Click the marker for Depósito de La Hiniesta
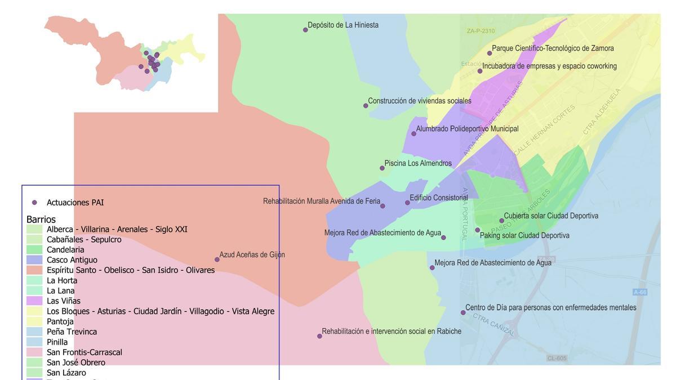[x=305, y=30]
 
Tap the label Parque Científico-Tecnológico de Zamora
[x=553, y=48]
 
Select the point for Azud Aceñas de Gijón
[x=217, y=260]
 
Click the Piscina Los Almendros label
[x=417, y=163]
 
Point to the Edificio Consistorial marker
[x=407, y=203]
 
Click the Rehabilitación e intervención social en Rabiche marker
[x=319, y=336]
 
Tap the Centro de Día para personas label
[x=550, y=307]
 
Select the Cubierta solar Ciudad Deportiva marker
[x=501, y=221]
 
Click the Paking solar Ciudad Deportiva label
[x=524, y=235]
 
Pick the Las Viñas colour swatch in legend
[x=34, y=301]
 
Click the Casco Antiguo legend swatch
[x=34, y=260]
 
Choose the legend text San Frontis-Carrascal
[x=84, y=352]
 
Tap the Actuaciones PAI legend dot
[x=34, y=203]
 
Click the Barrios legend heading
[x=41, y=219]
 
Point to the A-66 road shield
[x=640, y=292]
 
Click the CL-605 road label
[x=557, y=358]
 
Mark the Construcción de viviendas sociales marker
[x=366, y=106]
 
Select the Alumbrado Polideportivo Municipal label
[x=467, y=129]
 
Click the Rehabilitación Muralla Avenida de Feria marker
[x=383, y=206]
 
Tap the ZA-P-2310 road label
[x=481, y=31]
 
